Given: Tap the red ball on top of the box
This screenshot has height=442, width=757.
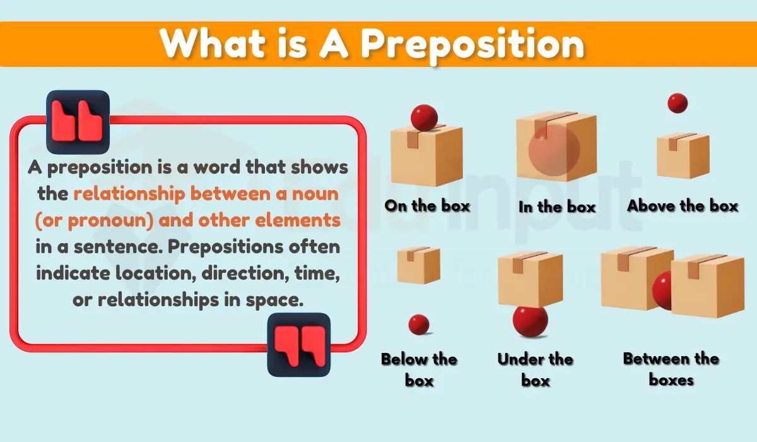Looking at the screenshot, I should click(424, 117).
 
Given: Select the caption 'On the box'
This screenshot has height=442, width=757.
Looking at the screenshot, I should click(427, 205).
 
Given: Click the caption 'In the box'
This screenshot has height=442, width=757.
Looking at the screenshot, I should click(557, 206).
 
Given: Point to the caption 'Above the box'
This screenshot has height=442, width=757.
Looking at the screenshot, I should click(683, 206).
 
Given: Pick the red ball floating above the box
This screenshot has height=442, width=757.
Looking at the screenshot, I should click(678, 103).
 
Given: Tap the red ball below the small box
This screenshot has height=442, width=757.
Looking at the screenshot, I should click(419, 325).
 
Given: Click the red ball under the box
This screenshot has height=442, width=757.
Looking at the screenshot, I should click(530, 320).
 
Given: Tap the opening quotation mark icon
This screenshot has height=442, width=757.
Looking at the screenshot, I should click(78, 122).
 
